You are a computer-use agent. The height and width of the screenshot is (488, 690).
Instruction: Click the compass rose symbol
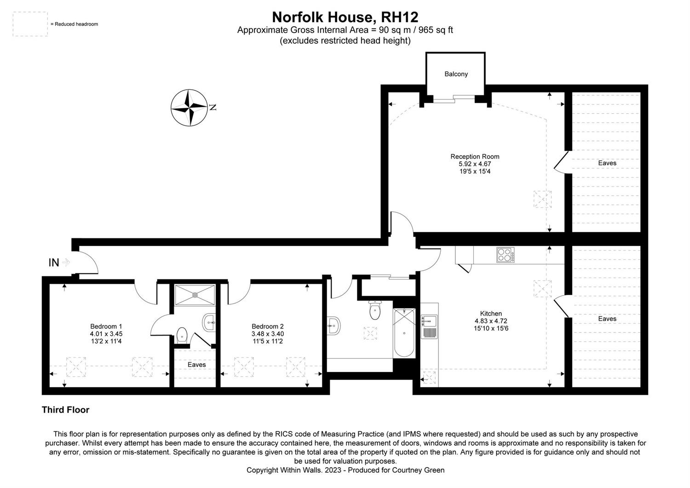[x=189, y=108]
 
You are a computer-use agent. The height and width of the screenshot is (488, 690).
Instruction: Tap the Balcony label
[x=456, y=74]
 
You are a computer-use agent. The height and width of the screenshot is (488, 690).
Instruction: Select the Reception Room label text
[x=475, y=157]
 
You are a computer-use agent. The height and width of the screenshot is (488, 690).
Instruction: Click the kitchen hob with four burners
[x=505, y=255]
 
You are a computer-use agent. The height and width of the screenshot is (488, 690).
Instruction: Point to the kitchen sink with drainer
[x=429, y=326]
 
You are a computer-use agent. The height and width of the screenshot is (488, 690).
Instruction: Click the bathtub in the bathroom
[x=404, y=333]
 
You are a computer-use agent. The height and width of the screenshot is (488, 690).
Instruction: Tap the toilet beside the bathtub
[x=374, y=310]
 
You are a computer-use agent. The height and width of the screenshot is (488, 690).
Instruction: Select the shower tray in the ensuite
[x=195, y=295]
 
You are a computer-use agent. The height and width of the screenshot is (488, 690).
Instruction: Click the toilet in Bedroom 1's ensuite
[x=182, y=335]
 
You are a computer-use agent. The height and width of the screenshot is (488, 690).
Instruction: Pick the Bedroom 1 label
[x=106, y=326]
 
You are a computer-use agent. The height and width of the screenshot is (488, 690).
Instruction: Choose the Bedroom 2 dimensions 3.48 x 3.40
[x=268, y=334]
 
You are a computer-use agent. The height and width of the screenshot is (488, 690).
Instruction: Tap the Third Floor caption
[x=65, y=410]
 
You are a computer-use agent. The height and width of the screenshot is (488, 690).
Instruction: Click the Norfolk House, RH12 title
[x=345, y=17]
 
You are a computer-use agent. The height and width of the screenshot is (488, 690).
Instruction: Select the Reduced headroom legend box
[x=30, y=24]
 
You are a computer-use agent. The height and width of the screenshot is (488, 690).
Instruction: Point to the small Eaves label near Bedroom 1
[x=196, y=365]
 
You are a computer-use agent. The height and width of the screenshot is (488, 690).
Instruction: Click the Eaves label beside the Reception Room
[x=607, y=163]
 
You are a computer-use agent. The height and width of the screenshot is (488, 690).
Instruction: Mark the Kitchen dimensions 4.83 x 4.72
[x=491, y=321]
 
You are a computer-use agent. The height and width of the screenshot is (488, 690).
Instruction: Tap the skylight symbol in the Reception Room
[x=542, y=199]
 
